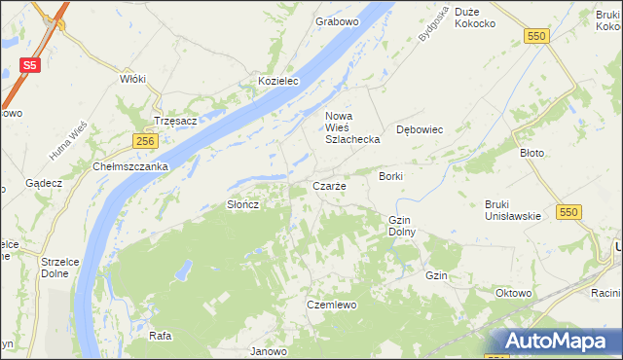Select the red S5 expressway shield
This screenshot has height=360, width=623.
click(x=30, y=65)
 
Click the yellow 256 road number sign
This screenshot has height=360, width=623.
click(x=145, y=142)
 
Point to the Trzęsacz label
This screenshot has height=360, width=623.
click(x=176, y=122)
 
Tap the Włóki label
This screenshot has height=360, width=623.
click(x=131, y=79)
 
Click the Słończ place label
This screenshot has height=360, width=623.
click(x=241, y=204)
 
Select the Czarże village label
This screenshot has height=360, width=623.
click(x=328, y=186)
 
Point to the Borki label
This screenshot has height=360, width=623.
click(x=390, y=176)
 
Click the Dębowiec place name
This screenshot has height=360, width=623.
click(x=421, y=129)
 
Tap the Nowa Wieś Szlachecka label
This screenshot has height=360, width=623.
click(x=351, y=128)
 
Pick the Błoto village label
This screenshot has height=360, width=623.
click(x=531, y=153)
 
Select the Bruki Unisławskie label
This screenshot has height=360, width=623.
click(x=512, y=209)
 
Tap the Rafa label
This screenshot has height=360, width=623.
click(x=161, y=336)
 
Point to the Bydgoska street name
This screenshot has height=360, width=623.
click(x=430, y=23)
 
